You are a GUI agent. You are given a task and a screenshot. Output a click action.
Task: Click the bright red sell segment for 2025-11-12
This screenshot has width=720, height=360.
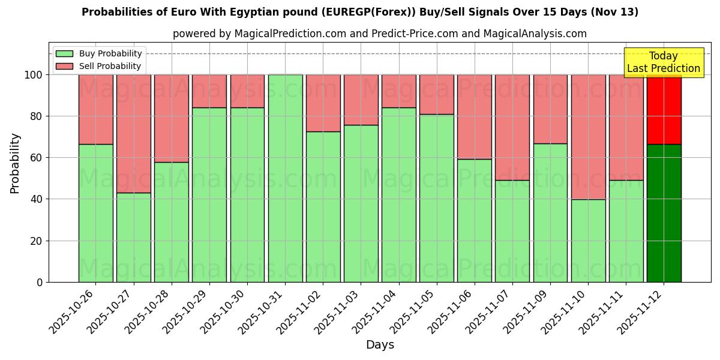(664, 109)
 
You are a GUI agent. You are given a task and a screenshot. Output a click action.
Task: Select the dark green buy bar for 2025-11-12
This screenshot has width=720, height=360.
(664, 213)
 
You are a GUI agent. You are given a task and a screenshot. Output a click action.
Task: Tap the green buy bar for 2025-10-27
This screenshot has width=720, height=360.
(133, 237)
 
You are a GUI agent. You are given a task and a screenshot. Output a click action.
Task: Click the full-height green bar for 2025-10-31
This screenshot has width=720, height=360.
(285, 178)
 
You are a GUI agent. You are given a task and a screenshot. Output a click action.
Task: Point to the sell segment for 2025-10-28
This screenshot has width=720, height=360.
(171, 118)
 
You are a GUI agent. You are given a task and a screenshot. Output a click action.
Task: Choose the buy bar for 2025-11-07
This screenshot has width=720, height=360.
(512, 231)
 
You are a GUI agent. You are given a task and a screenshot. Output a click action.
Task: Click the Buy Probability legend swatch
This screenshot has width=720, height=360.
(64, 54)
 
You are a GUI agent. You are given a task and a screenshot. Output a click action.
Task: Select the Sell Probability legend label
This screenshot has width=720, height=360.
(110, 67)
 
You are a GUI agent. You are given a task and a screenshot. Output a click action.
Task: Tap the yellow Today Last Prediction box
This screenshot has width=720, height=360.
(664, 62)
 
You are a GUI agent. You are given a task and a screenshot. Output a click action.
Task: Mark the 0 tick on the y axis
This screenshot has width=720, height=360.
(40, 283)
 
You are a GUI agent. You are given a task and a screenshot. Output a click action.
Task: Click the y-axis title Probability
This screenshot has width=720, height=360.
(15, 163)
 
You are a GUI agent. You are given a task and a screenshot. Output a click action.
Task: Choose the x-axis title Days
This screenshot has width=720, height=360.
(380, 345)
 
